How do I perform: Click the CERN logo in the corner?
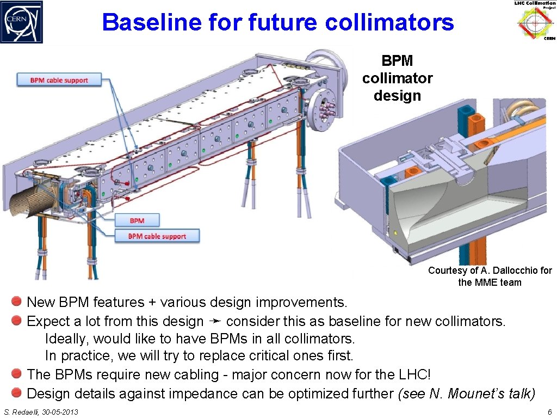[x=22, y=22]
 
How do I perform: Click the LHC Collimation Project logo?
[x=536, y=22]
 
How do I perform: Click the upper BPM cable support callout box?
[x=59, y=81]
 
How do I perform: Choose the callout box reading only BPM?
[x=137, y=220]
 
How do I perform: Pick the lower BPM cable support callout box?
[x=157, y=236]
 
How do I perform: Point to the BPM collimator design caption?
[x=398, y=78]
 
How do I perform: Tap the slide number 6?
[x=550, y=412]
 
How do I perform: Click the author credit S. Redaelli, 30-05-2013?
[x=41, y=412]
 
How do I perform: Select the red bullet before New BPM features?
[x=17, y=301]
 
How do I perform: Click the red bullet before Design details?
[x=17, y=392]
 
